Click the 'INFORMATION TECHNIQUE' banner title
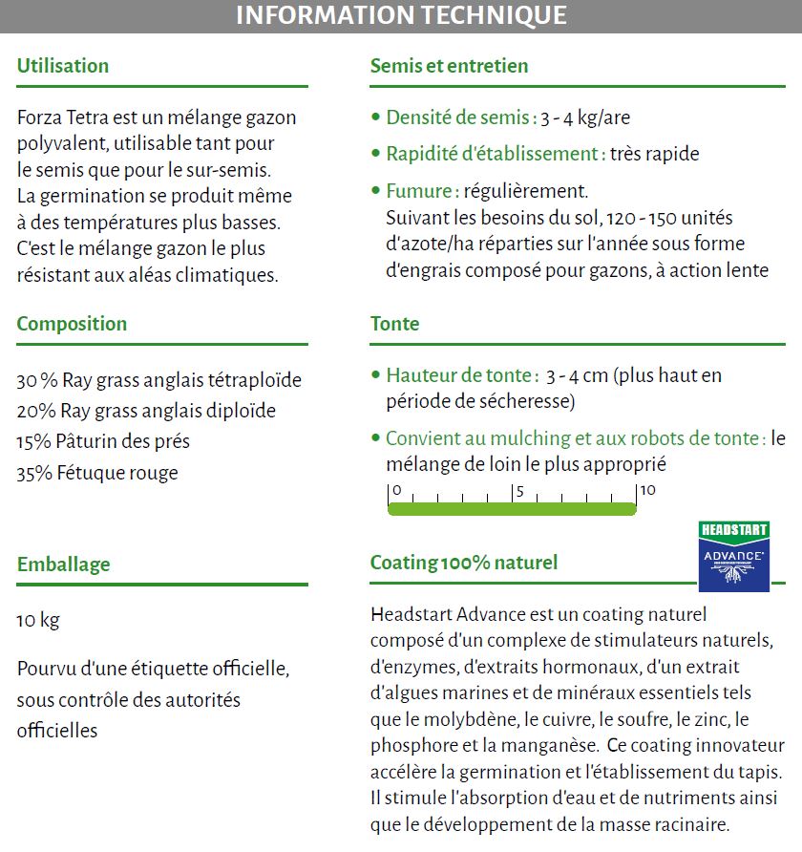401,16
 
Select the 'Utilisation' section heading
63,66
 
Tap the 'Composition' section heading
72,324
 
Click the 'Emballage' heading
63,564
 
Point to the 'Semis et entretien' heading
449,66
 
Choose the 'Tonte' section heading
394,324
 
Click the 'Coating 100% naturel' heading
463,563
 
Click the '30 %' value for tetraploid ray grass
36,380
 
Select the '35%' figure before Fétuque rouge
33,473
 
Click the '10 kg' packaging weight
38,621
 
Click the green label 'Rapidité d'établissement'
494,154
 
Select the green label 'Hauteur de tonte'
460,375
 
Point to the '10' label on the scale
647,491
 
